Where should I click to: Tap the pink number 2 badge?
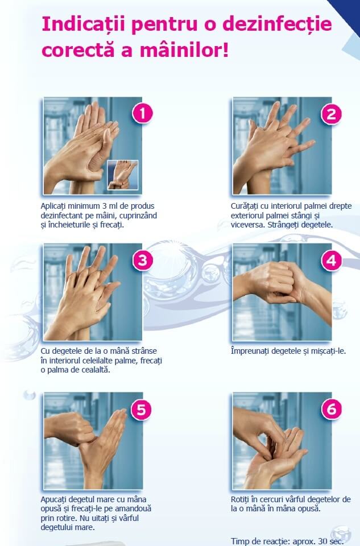click(332, 114)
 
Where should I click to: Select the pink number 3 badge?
click(143, 260)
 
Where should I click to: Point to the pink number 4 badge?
click(332, 260)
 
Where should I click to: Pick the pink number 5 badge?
click(142, 409)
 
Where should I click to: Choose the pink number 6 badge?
click(332, 409)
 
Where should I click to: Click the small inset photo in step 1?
click(122, 175)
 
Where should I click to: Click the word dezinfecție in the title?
click(277, 24)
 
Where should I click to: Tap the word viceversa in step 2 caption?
click(248, 225)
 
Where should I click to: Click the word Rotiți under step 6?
click(240, 499)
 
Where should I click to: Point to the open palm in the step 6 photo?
click(275, 460)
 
